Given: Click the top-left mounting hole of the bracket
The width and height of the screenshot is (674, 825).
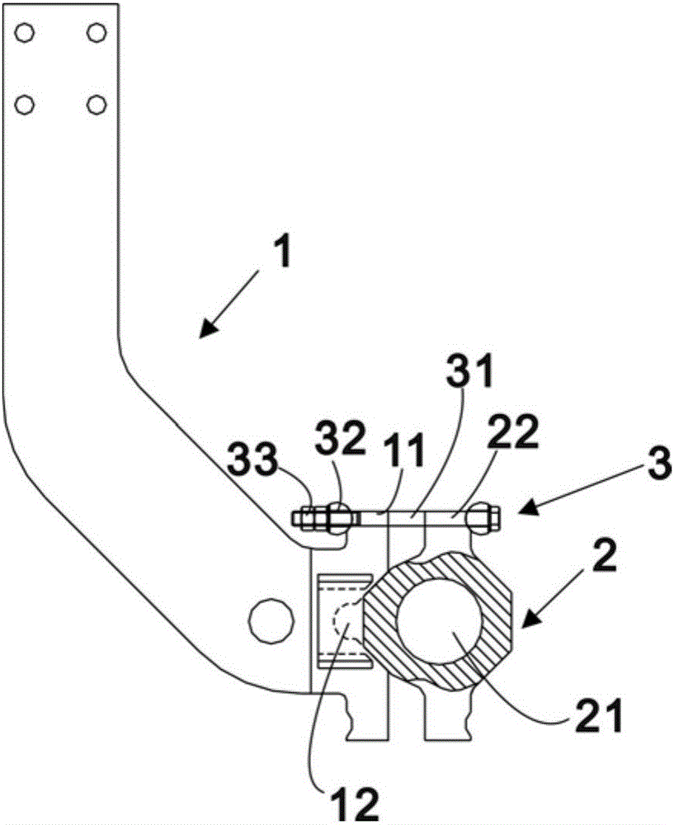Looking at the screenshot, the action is coord(24,33).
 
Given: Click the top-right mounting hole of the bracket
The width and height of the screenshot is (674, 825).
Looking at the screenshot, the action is coord(97,33).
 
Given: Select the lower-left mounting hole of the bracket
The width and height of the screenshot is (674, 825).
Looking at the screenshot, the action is coord(24,105).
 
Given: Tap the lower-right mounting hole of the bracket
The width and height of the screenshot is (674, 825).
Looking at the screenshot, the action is coord(97,105).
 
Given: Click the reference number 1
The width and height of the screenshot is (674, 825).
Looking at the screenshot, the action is coord(283,253).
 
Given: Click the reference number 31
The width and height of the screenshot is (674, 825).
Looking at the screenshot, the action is coord(470,370).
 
